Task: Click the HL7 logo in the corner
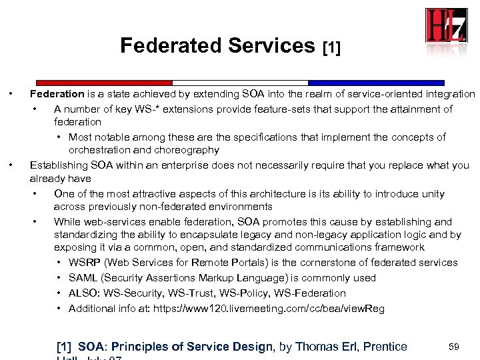(x=446, y=25)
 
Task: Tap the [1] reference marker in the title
(x=331, y=48)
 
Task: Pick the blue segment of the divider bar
(x=376, y=83)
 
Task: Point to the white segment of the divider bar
(x=241, y=83)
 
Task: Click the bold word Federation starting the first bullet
(x=57, y=94)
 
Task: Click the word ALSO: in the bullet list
(x=83, y=293)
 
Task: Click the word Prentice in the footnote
(x=383, y=347)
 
